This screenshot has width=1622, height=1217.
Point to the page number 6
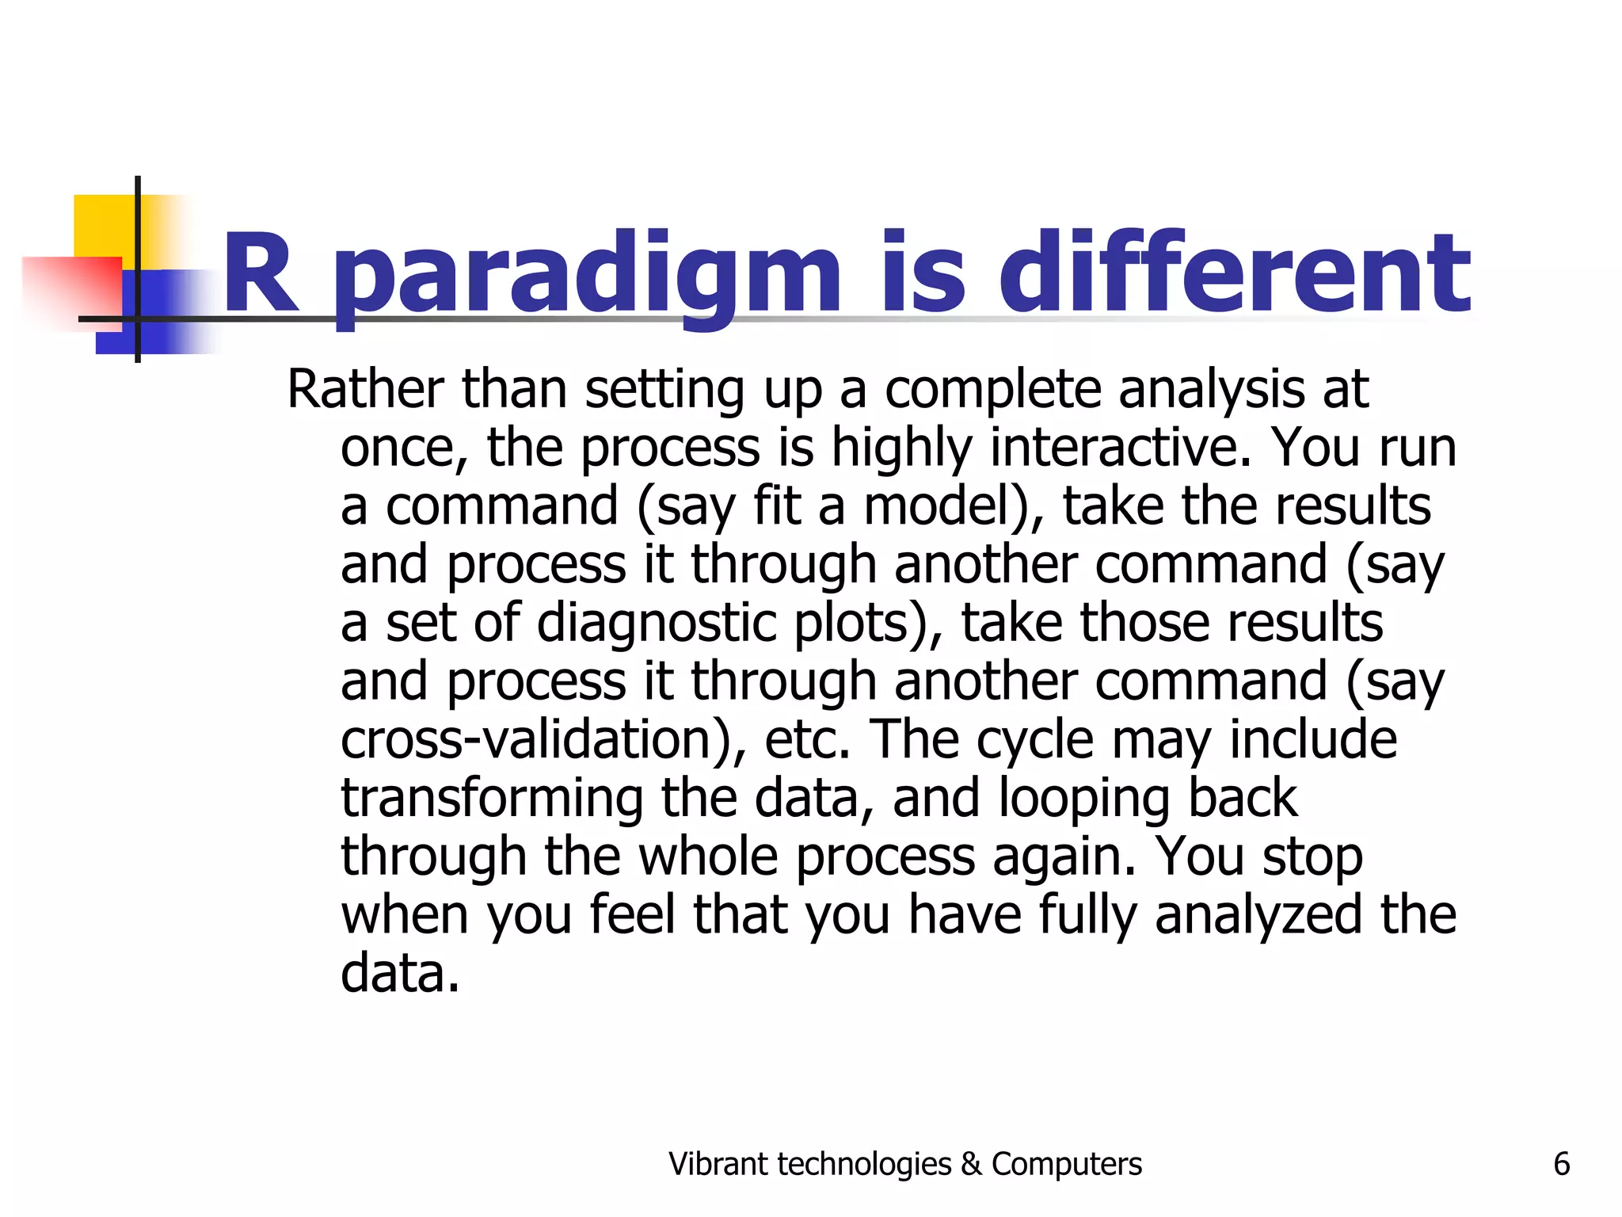click(x=1561, y=1164)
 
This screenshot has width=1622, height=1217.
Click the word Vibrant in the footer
click(x=718, y=1164)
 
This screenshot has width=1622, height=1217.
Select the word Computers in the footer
click(x=1066, y=1164)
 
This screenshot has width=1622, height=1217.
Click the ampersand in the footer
click(x=971, y=1164)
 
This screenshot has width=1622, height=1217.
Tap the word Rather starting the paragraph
click(x=365, y=390)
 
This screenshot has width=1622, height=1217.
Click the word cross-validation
click(x=543, y=739)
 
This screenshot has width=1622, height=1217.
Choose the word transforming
click(x=492, y=799)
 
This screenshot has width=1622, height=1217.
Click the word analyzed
click(x=1258, y=915)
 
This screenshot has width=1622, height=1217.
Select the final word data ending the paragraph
click(x=400, y=973)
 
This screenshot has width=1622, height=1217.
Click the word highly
click(x=901, y=448)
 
